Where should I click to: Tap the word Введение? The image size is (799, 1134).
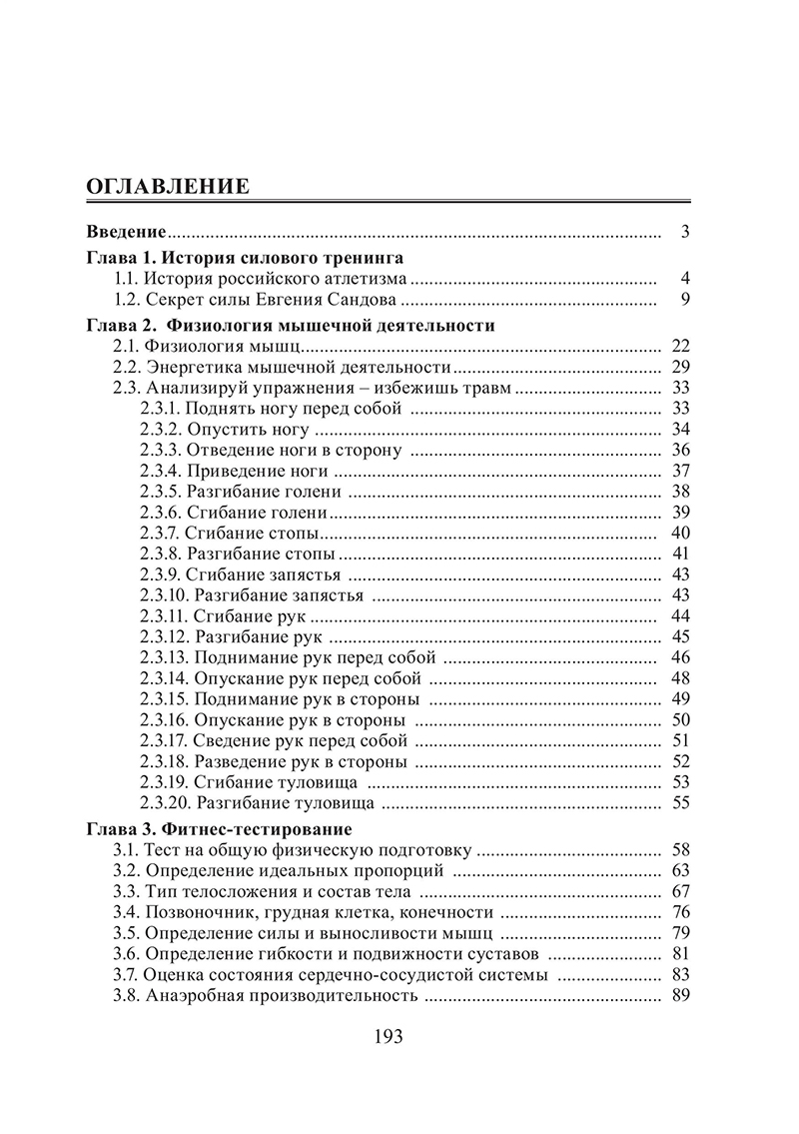pos(126,233)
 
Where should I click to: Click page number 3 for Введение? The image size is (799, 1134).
pos(685,233)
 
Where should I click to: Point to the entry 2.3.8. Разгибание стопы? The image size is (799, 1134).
pos(238,553)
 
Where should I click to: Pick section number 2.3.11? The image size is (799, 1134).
pos(163,615)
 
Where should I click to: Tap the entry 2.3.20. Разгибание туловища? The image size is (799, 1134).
pos(258,802)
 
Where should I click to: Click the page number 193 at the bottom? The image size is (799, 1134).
pos(387,1037)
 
